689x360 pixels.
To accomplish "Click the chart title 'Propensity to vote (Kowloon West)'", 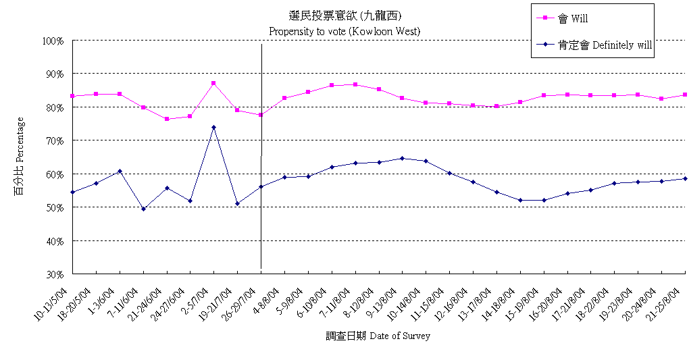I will click(344, 31).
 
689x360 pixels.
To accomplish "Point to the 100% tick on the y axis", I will click(53, 41).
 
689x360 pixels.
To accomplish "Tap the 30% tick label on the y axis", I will click(55, 274).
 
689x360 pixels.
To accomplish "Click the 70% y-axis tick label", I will click(55, 140).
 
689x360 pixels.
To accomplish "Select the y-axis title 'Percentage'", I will click(20, 157).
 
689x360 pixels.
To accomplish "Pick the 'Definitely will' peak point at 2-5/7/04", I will click(213, 127).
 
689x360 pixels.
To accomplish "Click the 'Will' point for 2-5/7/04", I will click(213, 83).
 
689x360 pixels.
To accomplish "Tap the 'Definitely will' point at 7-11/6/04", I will click(143, 209).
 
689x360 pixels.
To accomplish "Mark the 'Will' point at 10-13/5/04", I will click(72, 96).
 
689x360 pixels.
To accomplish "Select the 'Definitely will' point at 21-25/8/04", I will click(684, 178).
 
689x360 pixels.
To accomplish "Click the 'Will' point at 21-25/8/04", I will click(684, 95).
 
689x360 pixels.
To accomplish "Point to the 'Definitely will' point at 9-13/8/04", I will click(402, 158).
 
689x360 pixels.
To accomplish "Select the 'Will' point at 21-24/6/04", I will click(167, 119).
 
